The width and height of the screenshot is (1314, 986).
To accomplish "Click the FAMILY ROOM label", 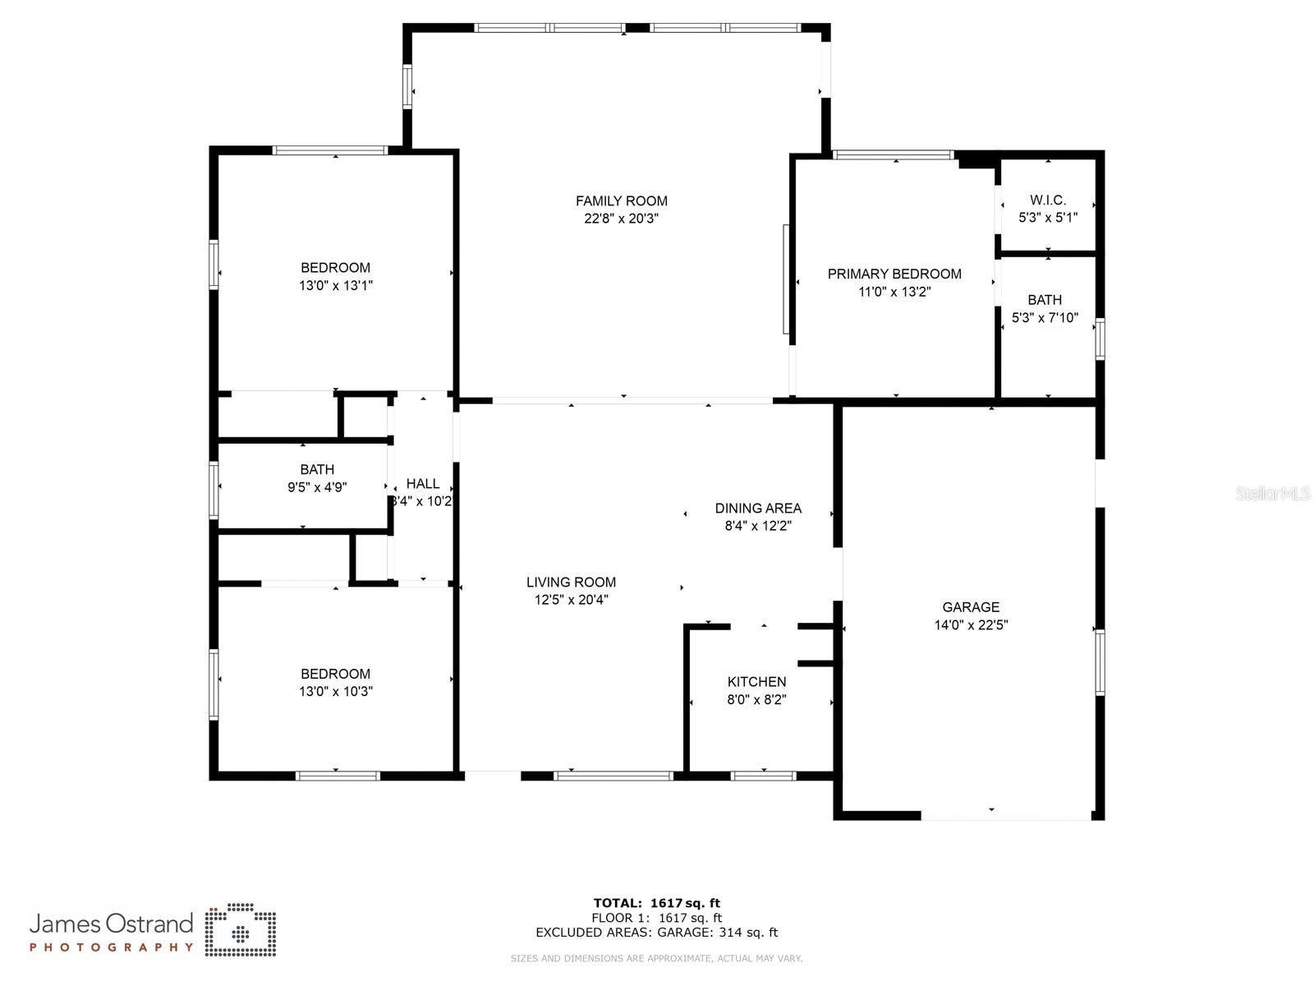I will (621, 200).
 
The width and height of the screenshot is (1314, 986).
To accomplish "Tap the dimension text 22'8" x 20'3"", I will (621, 219).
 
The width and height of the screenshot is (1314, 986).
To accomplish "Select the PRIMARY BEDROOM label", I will (894, 274).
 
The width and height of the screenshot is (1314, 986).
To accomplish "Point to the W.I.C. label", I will (1048, 200).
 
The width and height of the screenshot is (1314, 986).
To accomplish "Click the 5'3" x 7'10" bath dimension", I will (1045, 318).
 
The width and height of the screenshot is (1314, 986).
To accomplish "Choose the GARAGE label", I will (971, 607).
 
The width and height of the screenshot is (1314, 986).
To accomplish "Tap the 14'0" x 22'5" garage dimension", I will (971, 625).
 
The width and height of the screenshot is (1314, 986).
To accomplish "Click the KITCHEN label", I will (756, 682).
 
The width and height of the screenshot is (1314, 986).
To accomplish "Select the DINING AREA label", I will (758, 508).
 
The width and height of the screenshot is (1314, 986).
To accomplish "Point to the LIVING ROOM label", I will (571, 582).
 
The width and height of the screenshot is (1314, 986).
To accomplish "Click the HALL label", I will (422, 483).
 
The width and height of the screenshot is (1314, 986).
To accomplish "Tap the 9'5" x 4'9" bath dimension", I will (317, 487).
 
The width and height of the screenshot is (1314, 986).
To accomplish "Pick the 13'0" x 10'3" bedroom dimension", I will (335, 692).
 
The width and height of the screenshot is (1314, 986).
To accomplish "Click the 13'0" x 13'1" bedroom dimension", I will (335, 286).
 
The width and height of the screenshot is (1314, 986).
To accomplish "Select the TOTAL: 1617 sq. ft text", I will (656, 903).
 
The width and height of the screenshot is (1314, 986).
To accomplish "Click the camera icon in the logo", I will (241, 930).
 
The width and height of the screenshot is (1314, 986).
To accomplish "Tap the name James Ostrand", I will (111, 924).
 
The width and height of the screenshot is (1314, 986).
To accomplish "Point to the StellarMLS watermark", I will (1274, 494).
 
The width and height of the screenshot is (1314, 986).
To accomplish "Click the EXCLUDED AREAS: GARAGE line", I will (656, 933).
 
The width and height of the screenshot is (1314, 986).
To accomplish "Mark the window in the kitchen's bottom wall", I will (763, 776).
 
